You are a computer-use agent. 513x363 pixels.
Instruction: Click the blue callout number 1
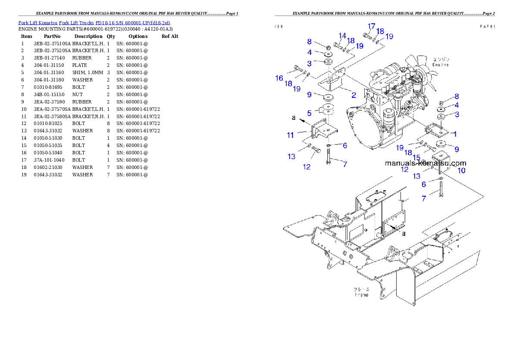coord(454,134)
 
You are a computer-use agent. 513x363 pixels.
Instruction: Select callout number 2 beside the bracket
coord(353,95)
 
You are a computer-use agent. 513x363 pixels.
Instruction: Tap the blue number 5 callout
coord(309,113)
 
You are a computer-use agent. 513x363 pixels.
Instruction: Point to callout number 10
coord(461,170)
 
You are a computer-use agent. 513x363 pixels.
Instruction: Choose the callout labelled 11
coord(291,135)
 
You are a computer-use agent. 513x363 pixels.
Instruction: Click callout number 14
coord(342,35)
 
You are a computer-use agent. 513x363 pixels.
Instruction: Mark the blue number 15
coord(417,157)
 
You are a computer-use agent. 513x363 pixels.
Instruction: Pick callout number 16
coord(279,78)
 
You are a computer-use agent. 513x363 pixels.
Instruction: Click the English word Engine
coord(441,65)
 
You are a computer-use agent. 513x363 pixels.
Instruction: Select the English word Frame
coord(361,295)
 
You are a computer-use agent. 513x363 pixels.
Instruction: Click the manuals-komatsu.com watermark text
coord(425,163)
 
